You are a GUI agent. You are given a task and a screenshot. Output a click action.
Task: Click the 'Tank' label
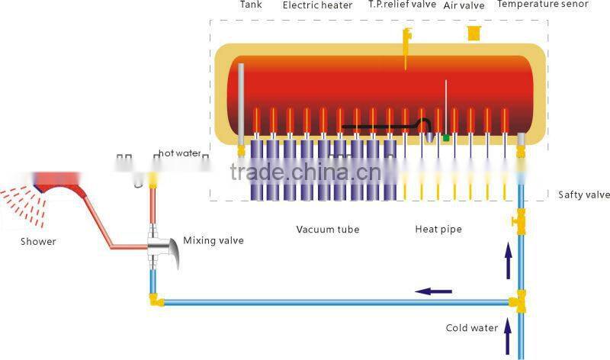point(251,5)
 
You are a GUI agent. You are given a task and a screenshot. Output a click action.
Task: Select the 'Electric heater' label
point(317,5)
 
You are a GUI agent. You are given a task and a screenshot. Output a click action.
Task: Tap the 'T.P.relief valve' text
point(401,5)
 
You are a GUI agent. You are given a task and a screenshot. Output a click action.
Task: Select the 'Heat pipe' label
point(438,229)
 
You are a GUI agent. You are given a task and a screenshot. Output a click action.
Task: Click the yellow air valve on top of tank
point(474,33)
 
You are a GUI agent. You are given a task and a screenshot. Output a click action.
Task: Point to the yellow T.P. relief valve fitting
point(407,37)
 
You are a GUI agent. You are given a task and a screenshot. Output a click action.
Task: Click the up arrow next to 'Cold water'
point(507,329)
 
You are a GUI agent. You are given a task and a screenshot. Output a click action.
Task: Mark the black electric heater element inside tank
point(381,126)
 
